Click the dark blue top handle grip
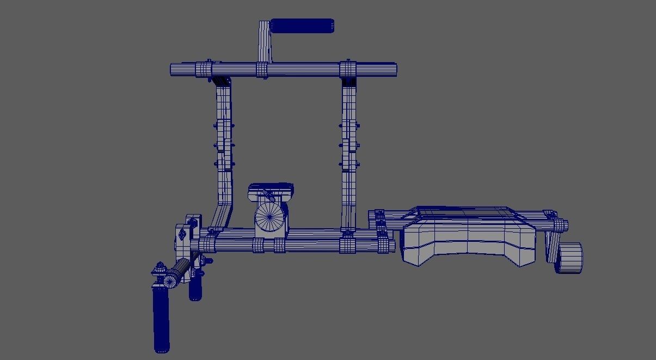point(302,26)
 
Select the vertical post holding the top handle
point(264,42)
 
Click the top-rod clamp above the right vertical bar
point(348,70)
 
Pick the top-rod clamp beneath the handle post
point(262,70)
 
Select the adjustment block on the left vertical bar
point(224,144)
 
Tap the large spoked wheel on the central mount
point(270,217)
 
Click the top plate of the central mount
point(271,190)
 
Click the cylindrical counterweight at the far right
point(569,258)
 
